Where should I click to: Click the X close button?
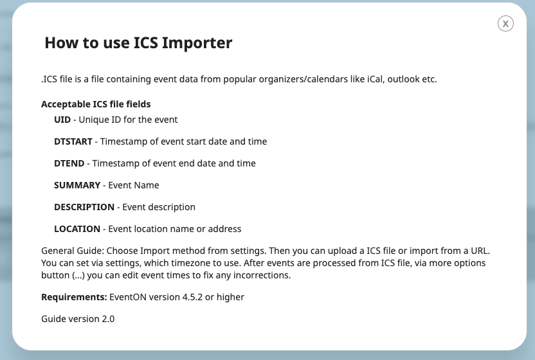tap(505, 24)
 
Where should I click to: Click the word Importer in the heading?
tap(197, 43)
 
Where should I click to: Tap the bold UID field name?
tap(62, 120)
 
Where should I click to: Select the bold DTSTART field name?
tap(73, 141)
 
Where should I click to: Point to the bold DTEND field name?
tap(69, 163)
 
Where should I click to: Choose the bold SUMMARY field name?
tap(77, 185)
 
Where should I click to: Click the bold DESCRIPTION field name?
tap(84, 207)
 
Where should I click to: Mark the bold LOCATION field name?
tap(77, 229)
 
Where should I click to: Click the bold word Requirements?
tap(74, 297)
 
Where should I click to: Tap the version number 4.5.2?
tap(192, 297)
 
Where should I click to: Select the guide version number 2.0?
tap(108, 319)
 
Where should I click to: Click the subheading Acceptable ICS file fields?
tap(96, 104)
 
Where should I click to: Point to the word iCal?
tap(375, 79)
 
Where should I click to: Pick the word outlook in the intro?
tap(403, 79)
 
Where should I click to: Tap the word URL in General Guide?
tap(480, 251)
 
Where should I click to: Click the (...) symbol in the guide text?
tap(78, 275)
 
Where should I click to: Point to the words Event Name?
tap(133, 185)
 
